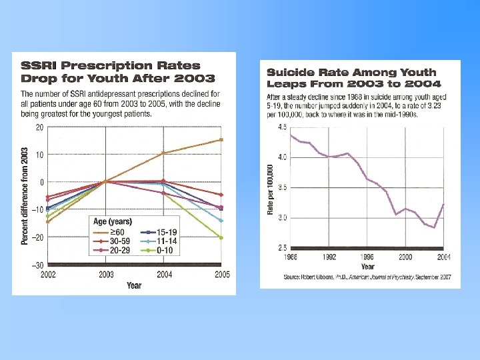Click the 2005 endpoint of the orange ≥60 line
(221, 140)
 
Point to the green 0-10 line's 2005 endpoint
(221, 237)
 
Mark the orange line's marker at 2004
(163, 153)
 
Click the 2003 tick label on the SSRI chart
(106, 275)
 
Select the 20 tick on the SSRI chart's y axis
(39, 127)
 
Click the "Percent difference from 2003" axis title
(25, 195)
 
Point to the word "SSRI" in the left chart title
(38, 65)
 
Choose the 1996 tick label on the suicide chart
(367, 256)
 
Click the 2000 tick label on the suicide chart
(405, 256)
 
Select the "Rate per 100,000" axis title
(271, 189)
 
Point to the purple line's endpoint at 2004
(443, 205)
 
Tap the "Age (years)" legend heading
(112, 221)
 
